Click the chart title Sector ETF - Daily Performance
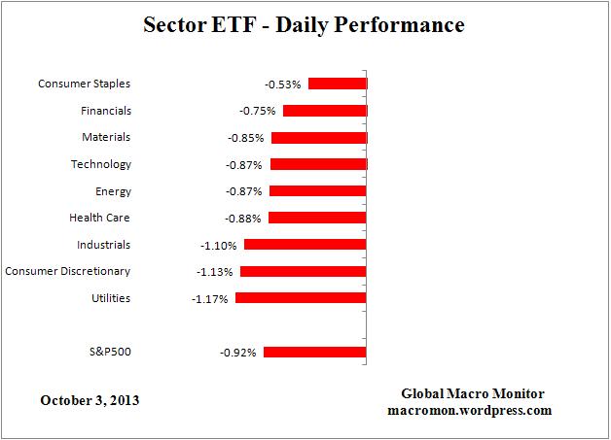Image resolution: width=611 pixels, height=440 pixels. (x=305, y=23)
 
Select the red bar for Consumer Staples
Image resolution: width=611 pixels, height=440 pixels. (x=337, y=84)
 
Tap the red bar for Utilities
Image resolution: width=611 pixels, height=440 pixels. (x=301, y=298)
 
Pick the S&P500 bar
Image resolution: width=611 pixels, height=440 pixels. (x=314, y=352)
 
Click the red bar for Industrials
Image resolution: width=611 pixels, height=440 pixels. (x=305, y=245)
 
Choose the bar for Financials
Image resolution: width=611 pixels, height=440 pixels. (x=324, y=111)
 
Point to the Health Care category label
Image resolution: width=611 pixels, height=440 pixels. (x=99, y=218)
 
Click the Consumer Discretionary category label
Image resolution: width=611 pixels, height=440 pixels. (x=68, y=271)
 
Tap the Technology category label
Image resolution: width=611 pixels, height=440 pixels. (x=100, y=164)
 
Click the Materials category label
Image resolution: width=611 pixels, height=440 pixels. (x=105, y=137)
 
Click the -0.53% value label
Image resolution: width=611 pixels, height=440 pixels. (x=282, y=85)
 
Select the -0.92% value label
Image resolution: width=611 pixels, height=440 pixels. (x=237, y=353)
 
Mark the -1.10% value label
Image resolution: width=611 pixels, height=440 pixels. (x=218, y=246)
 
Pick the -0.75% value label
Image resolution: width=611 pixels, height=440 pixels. (x=257, y=112)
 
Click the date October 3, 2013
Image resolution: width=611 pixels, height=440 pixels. (x=90, y=399)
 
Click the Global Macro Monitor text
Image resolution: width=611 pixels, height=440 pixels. (x=473, y=393)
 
